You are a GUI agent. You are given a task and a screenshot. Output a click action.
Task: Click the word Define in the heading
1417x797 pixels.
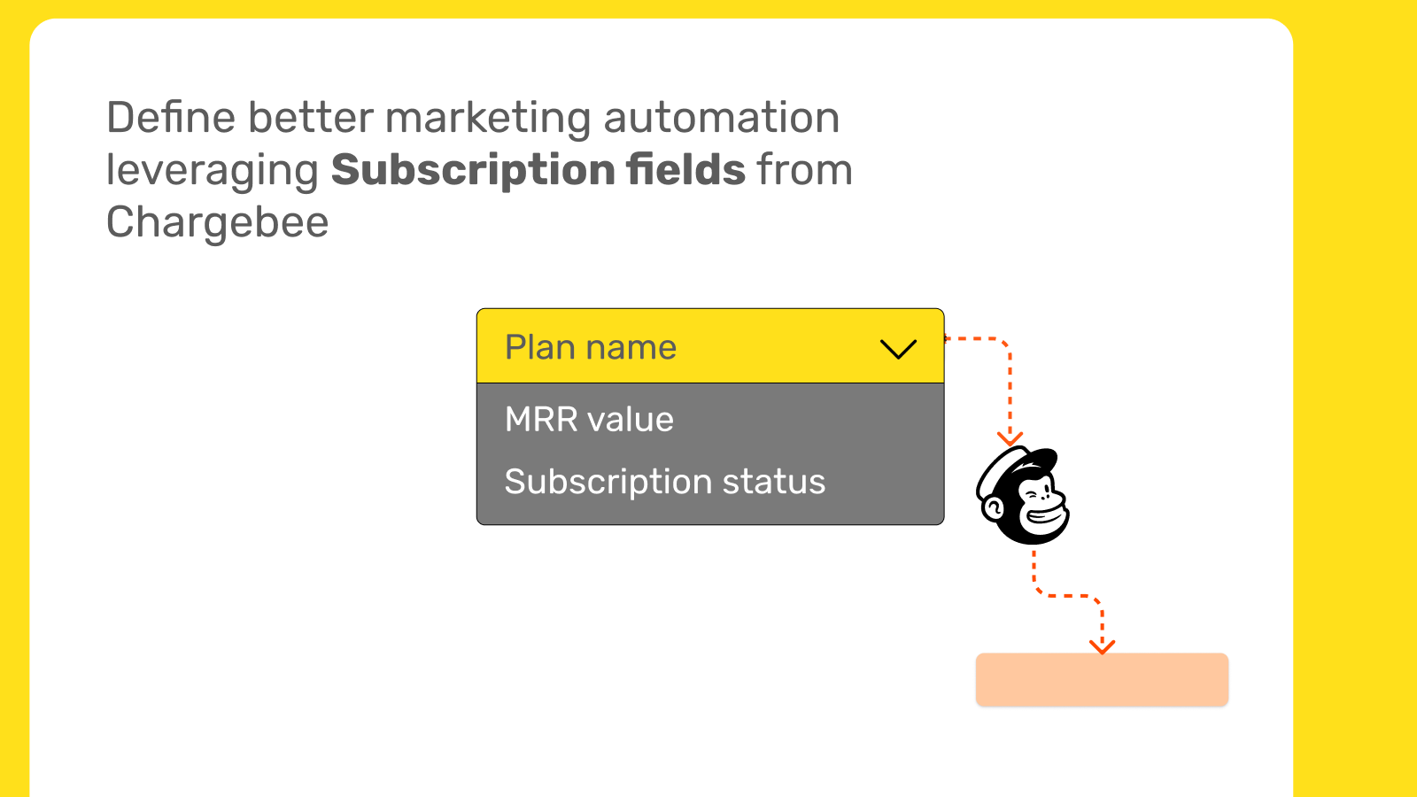click(171, 118)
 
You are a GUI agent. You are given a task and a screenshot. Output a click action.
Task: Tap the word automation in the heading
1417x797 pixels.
click(722, 119)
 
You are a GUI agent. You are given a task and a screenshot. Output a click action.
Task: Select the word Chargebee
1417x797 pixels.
click(217, 222)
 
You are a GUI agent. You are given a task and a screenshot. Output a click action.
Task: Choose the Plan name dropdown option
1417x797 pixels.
click(590, 347)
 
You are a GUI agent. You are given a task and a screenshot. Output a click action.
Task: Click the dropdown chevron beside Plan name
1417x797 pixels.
click(898, 349)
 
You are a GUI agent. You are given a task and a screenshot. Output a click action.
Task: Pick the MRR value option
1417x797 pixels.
click(589, 420)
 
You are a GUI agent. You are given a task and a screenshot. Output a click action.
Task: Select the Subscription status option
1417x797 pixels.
click(665, 483)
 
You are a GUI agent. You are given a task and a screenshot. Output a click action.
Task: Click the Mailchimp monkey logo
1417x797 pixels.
click(1022, 495)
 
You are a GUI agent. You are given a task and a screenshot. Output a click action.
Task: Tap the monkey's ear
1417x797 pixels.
click(993, 508)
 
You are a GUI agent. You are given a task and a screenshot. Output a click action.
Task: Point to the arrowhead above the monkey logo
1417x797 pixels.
click(1010, 438)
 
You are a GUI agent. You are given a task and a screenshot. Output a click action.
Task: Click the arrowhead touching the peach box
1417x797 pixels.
click(1102, 646)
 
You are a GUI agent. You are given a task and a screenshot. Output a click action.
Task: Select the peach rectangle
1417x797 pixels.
click(1102, 679)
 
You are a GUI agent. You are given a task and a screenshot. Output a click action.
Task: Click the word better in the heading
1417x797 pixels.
click(311, 118)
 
